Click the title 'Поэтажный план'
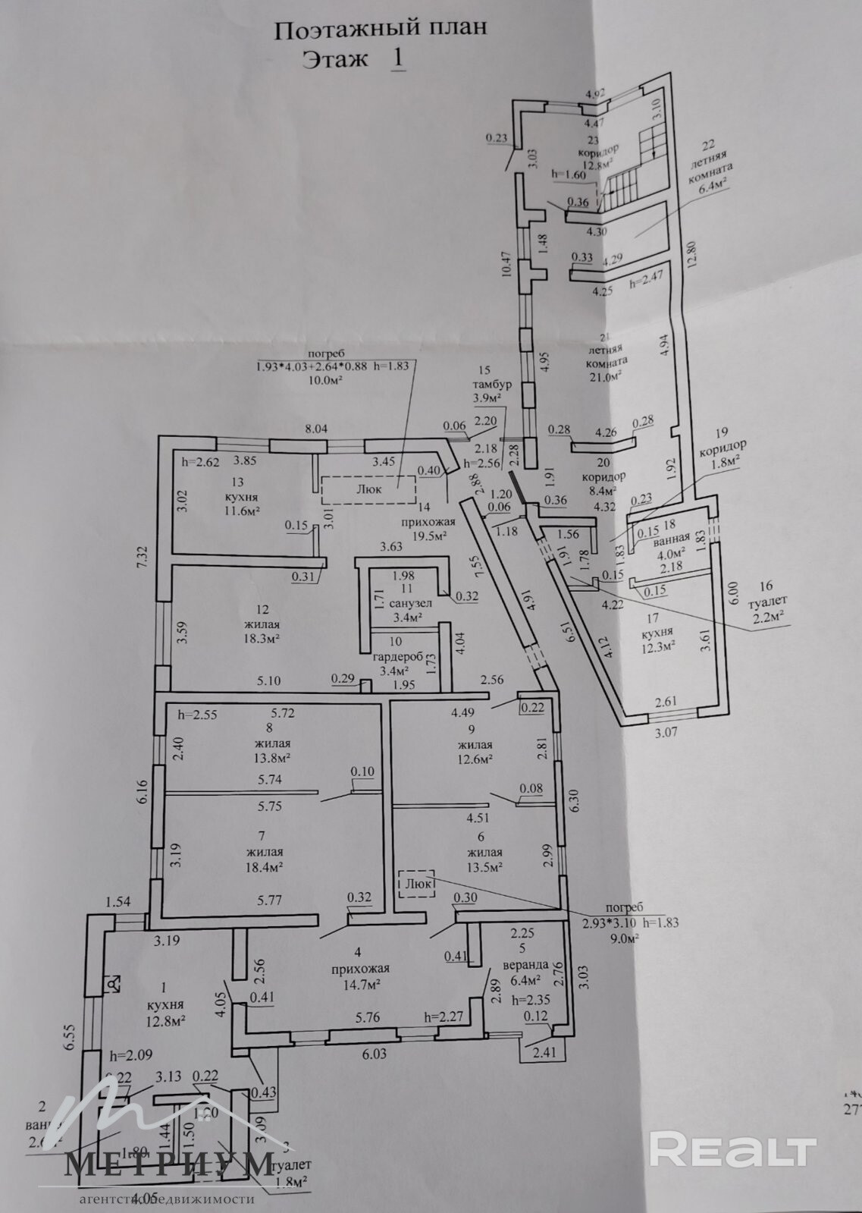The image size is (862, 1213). tap(379, 30)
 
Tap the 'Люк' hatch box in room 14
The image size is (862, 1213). tap(368, 489)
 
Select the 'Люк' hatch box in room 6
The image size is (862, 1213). tap(415, 884)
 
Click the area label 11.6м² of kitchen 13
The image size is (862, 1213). tap(237, 511)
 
